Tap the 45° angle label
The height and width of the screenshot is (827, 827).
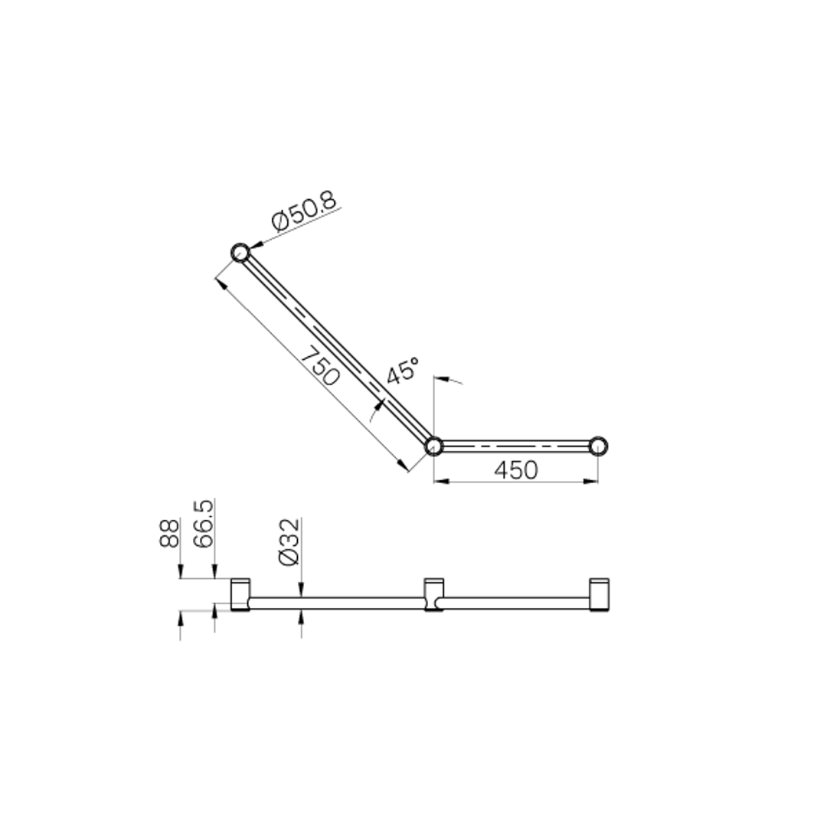(x=402, y=371)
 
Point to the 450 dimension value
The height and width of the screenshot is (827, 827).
(x=516, y=470)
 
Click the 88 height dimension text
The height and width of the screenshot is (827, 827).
(x=169, y=533)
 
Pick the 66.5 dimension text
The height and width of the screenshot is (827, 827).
(x=203, y=525)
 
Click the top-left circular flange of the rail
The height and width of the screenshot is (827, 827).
(x=240, y=252)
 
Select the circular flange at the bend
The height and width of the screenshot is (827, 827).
(x=433, y=446)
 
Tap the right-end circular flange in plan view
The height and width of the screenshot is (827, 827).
(x=598, y=446)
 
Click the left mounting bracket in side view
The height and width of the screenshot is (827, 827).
(x=240, y=595)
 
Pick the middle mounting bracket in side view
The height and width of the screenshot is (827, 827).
(x=433, y=595)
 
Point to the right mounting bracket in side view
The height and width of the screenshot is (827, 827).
(x=599, y=595)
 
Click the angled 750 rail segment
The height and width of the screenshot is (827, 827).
(x=337, y=349)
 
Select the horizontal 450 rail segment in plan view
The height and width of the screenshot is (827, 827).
(x=516, y=446)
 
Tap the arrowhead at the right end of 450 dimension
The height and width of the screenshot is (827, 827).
(x=591, y=482)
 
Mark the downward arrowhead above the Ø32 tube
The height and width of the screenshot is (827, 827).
(x=301, y=591)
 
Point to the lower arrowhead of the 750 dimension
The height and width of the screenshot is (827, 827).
(x=403, y=464)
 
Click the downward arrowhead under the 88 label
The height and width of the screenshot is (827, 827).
(x=180, y=574)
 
